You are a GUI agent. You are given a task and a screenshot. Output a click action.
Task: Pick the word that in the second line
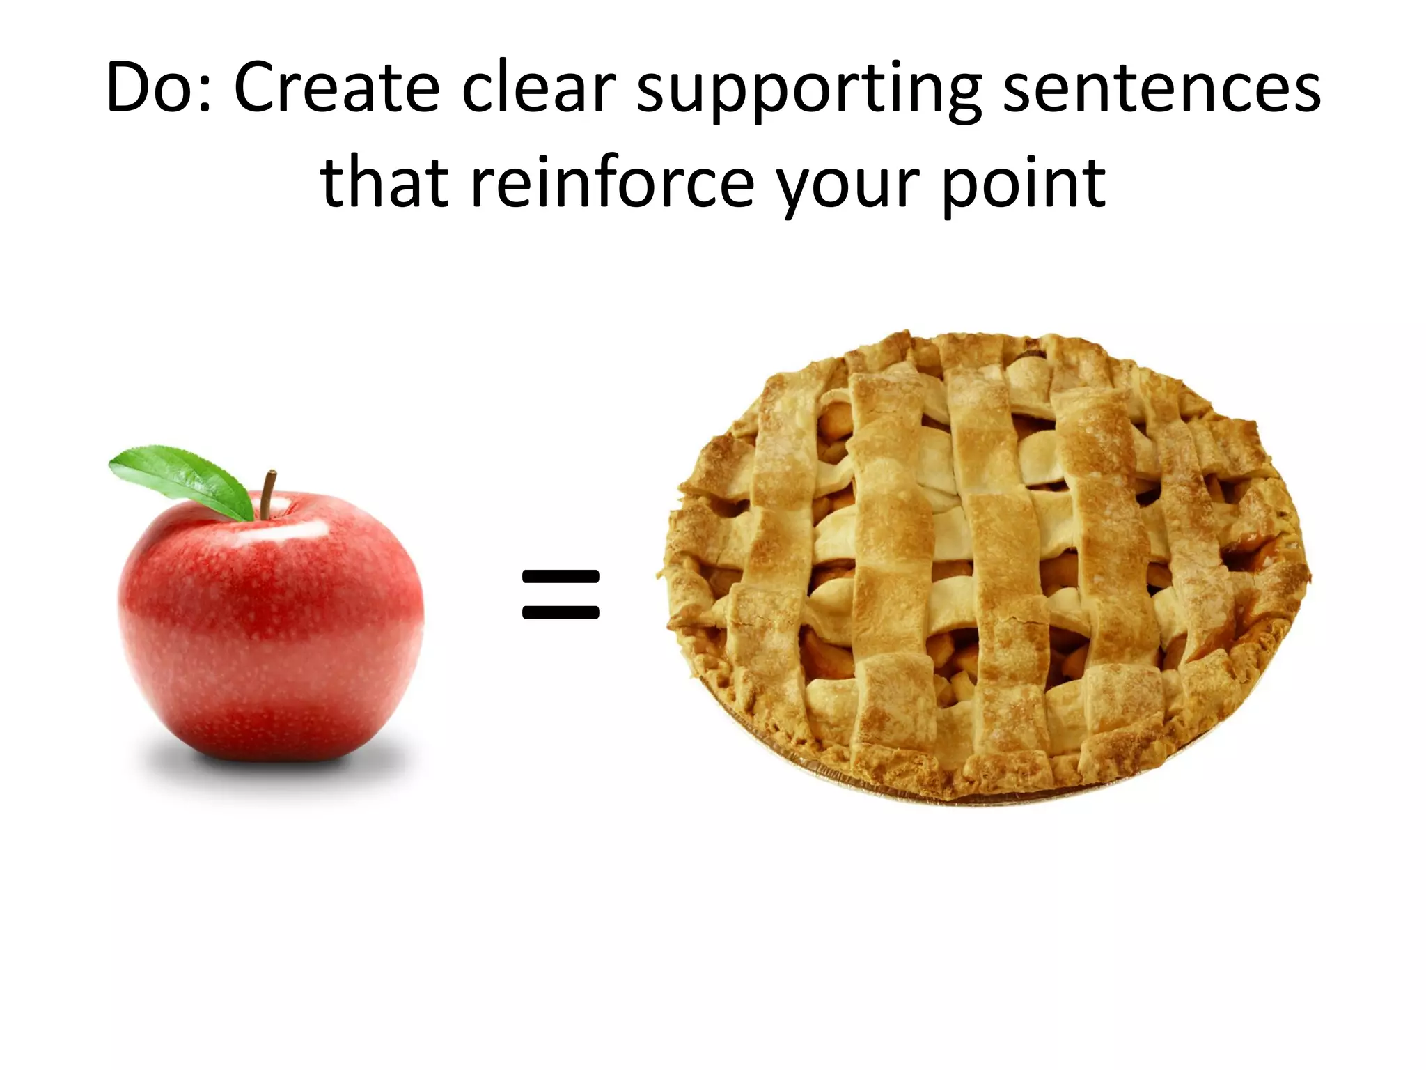point(384,183)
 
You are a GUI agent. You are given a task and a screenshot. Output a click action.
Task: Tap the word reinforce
point(613,183)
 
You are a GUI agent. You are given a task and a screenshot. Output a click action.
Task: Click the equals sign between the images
point(561,594)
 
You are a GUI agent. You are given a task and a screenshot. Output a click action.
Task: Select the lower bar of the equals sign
point(561,613)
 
